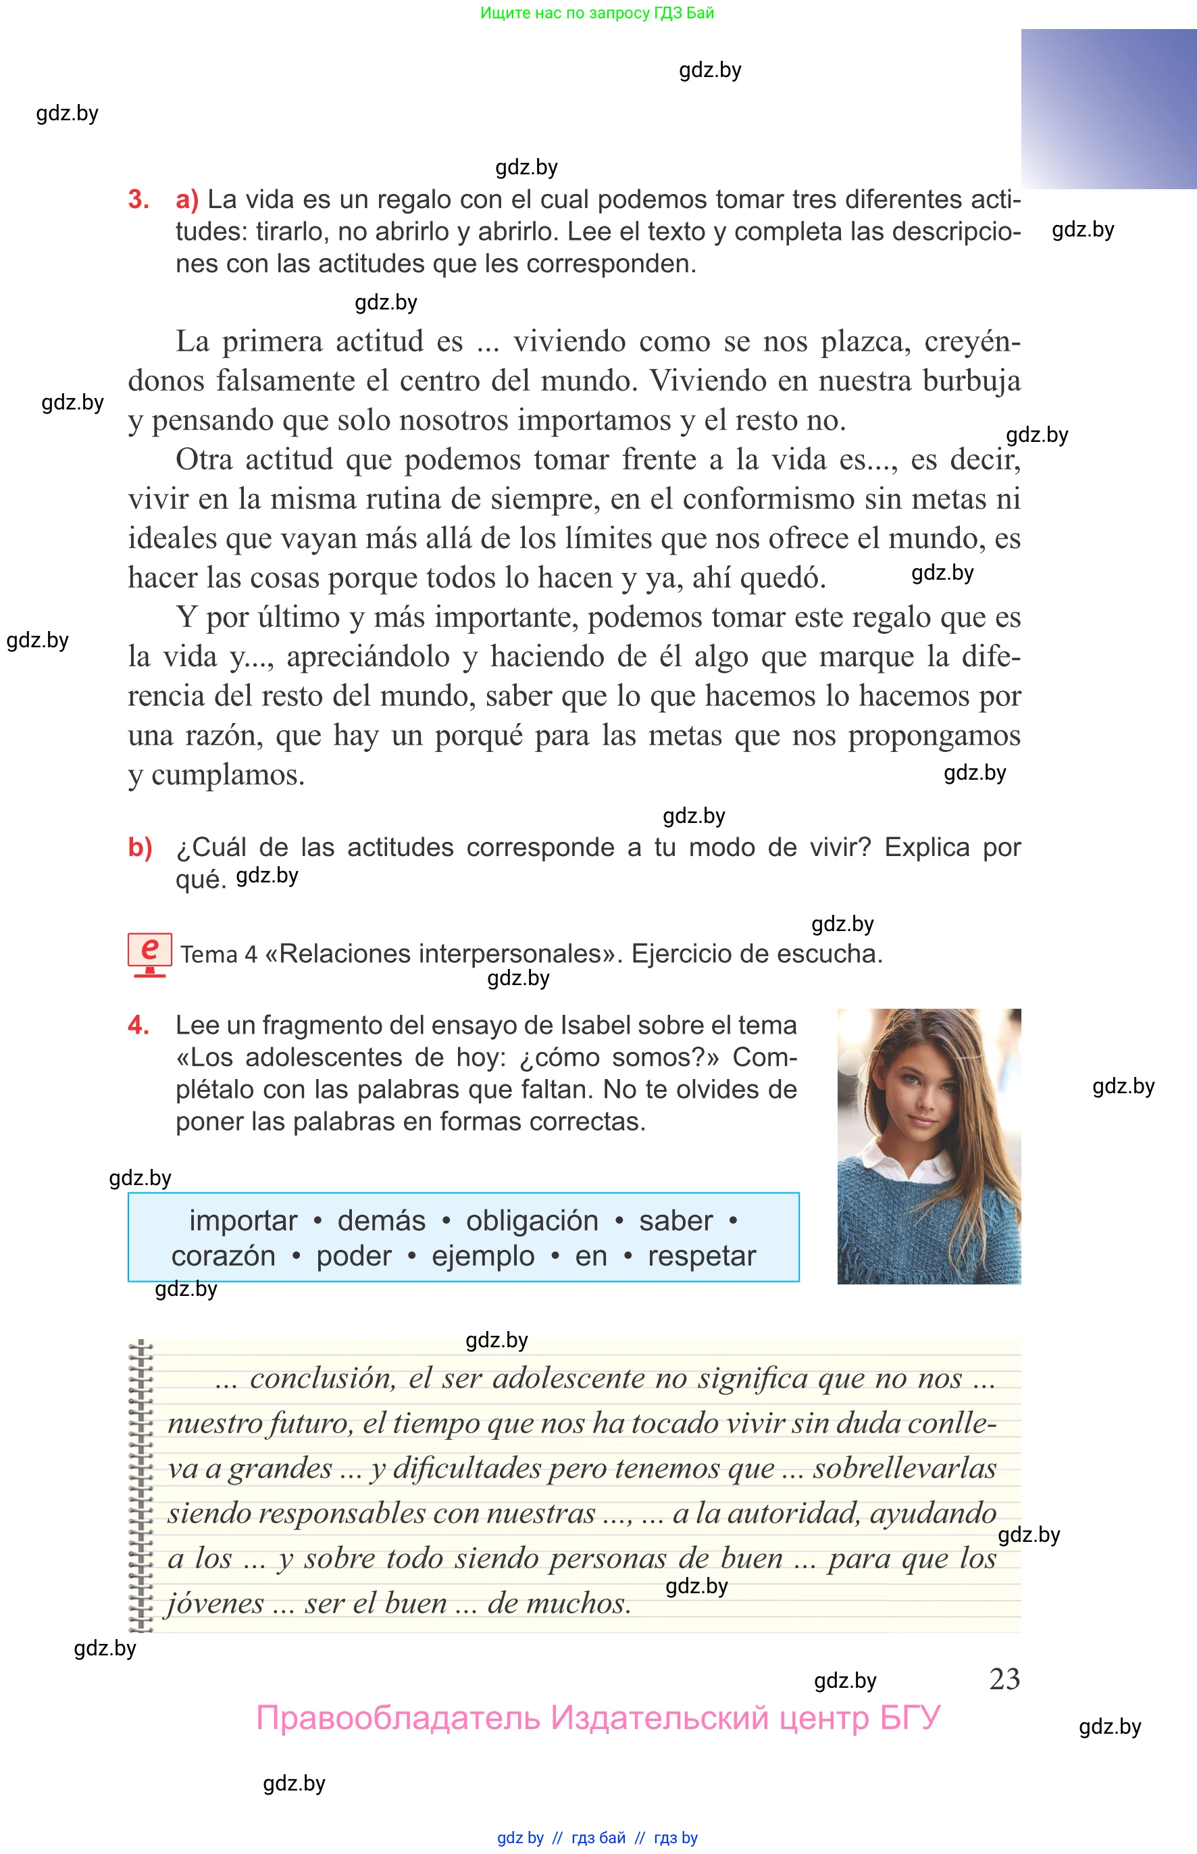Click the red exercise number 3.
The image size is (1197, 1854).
click(x=138, y=200)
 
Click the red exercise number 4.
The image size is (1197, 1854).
click(x=138, y=1026)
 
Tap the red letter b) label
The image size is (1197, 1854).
click(x=140, y=847)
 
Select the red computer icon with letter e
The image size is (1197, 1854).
click(x=149, y=954)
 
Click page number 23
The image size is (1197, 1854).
click(x=1004, y=1679)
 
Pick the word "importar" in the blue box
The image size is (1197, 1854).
click(x=243, y=1221)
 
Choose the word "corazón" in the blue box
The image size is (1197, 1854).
click(x=223, y=1256)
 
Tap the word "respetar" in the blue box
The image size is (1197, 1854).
click(x=701, y=1256)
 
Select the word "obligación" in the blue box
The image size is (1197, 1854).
click(x=532, y=1221)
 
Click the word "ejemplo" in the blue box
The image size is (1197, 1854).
click(x=483, y=1256)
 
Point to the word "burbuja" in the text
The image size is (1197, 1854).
click(x=971, y=381)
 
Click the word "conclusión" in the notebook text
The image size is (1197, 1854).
click(x=323, y=1378)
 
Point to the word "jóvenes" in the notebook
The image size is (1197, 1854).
click(x=215, y=1603)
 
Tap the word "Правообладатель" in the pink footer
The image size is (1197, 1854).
click(x=397, y=1718)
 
